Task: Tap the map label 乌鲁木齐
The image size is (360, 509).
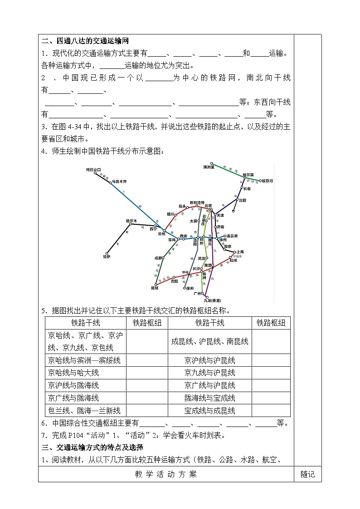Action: click(x=120, y=181)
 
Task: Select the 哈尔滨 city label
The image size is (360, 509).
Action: click(x=248, y=175)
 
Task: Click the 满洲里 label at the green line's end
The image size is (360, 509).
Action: click(x=211, y=167)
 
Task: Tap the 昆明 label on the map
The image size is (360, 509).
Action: click(x=155, y=288)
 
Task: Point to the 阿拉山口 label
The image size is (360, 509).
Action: click(x=93, y=169)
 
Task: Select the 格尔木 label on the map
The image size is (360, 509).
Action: click(x=131, y=221)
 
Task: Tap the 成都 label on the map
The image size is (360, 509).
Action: click(x=158, y=258)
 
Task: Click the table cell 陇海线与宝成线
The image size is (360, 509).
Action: click(x=209, y=398)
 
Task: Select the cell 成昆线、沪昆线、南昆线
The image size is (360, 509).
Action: click(x=209, y=341)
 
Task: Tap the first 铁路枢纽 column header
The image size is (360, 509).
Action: click(x=147, y=323)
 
